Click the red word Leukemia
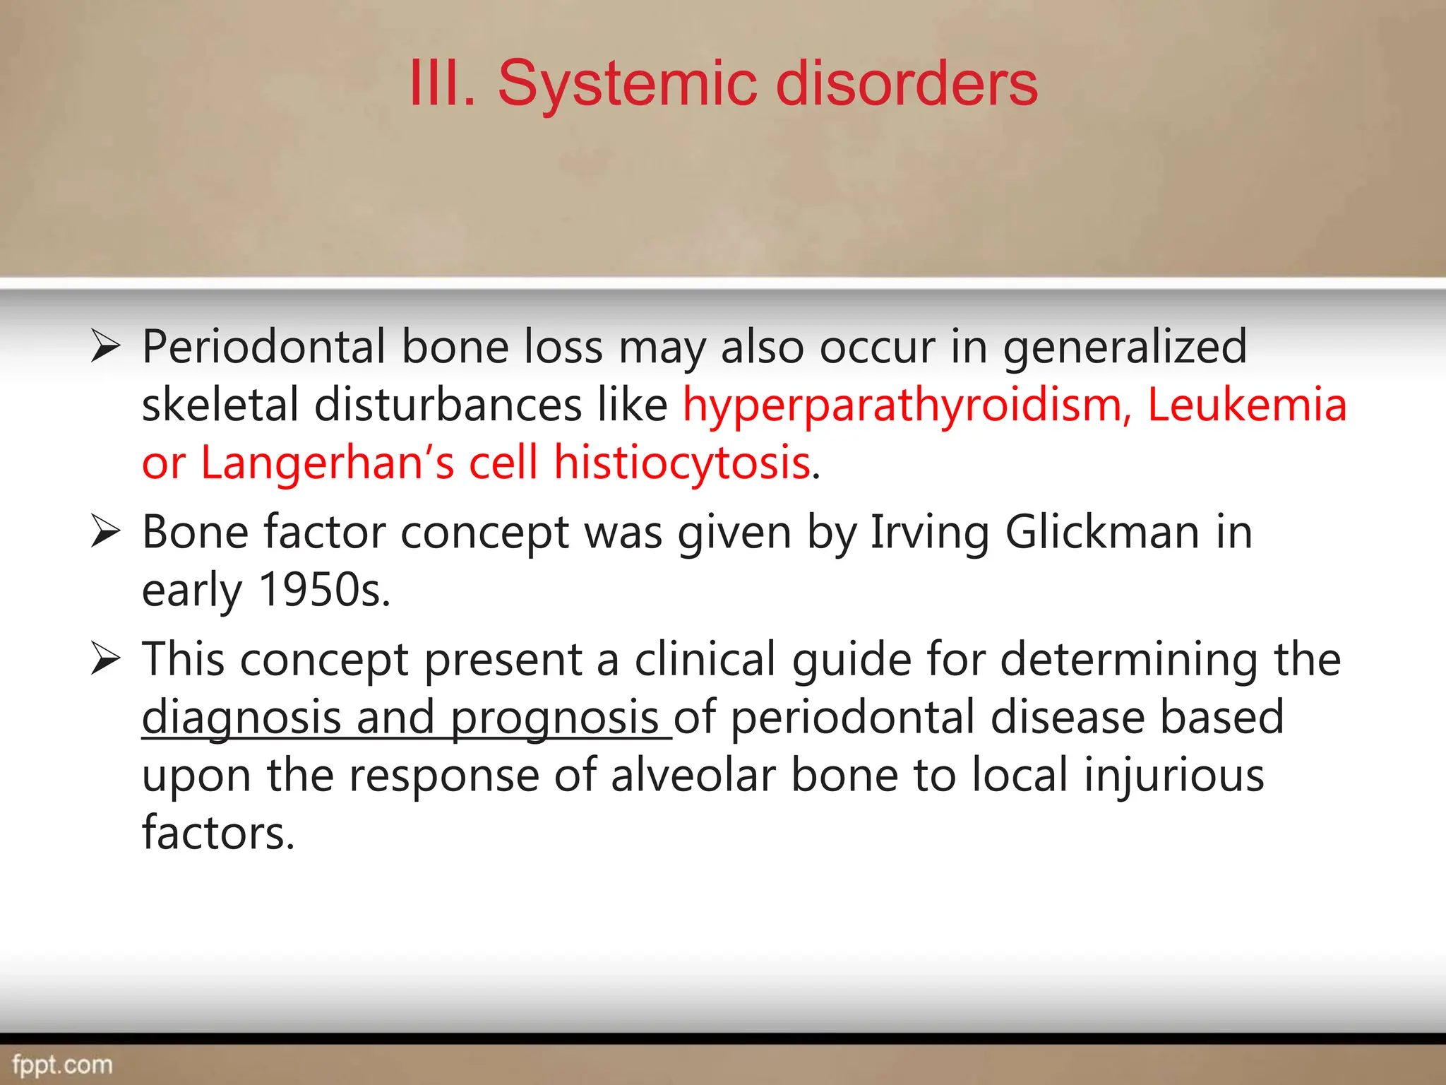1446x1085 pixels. [1246, 405]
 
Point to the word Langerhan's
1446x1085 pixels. [327, 463]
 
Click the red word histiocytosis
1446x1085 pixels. [681, 463]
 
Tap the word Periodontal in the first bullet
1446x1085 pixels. [263, 348]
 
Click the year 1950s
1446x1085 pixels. [323, 590]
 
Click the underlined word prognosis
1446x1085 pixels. [554, 718]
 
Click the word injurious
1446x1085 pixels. [1173, 776]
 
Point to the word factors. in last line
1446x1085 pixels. [217, 834]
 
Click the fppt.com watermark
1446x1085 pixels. [62, 1065]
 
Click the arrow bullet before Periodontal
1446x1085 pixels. [106, 348]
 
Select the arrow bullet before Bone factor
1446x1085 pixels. [106, 533]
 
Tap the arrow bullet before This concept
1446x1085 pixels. [106, 660]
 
